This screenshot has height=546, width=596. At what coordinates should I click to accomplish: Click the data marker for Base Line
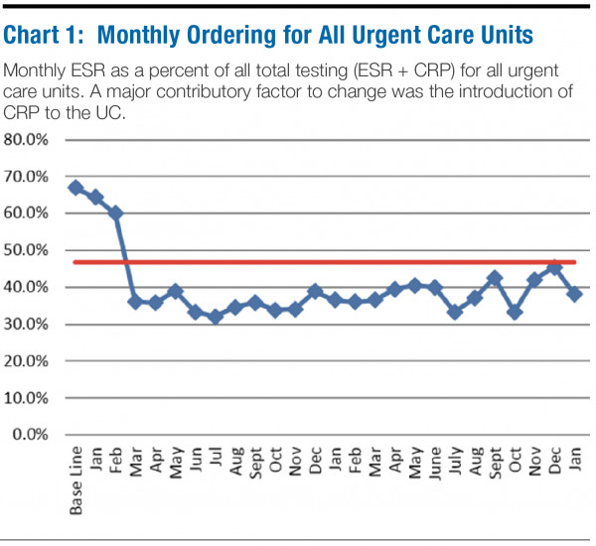point(75,187)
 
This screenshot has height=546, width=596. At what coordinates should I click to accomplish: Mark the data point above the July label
point(455,312)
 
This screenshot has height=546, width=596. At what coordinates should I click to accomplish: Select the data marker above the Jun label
point(196,312)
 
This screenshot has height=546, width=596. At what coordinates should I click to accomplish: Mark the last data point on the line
point(574,294)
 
